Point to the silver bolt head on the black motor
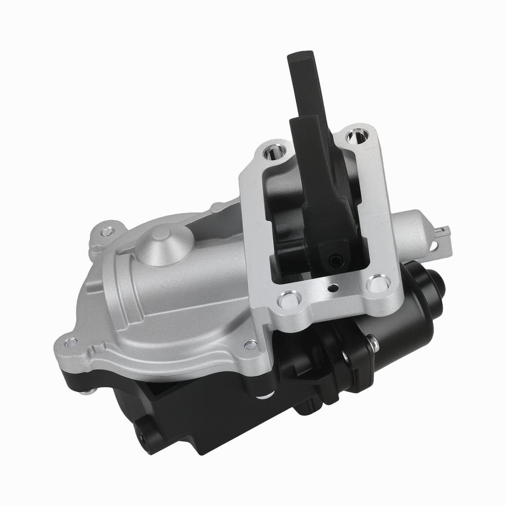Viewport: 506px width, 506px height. point(373,344)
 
